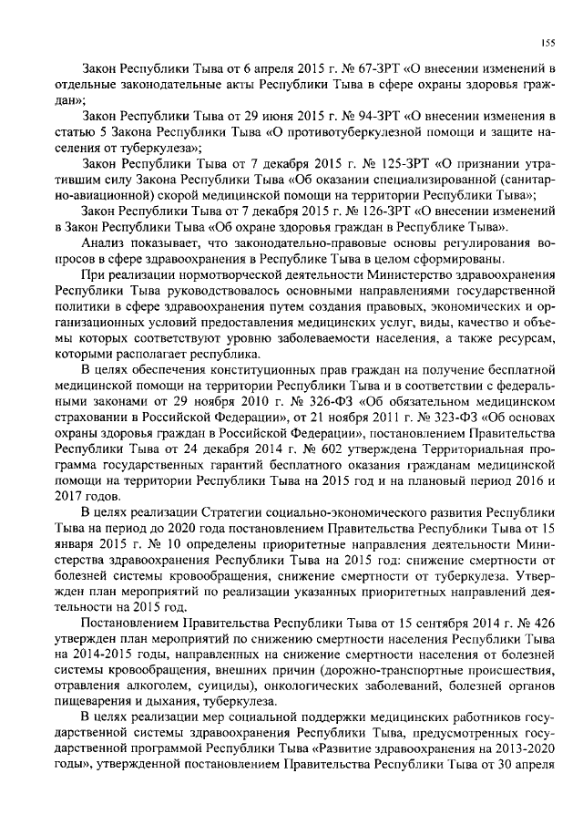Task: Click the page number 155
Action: point(549,42)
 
